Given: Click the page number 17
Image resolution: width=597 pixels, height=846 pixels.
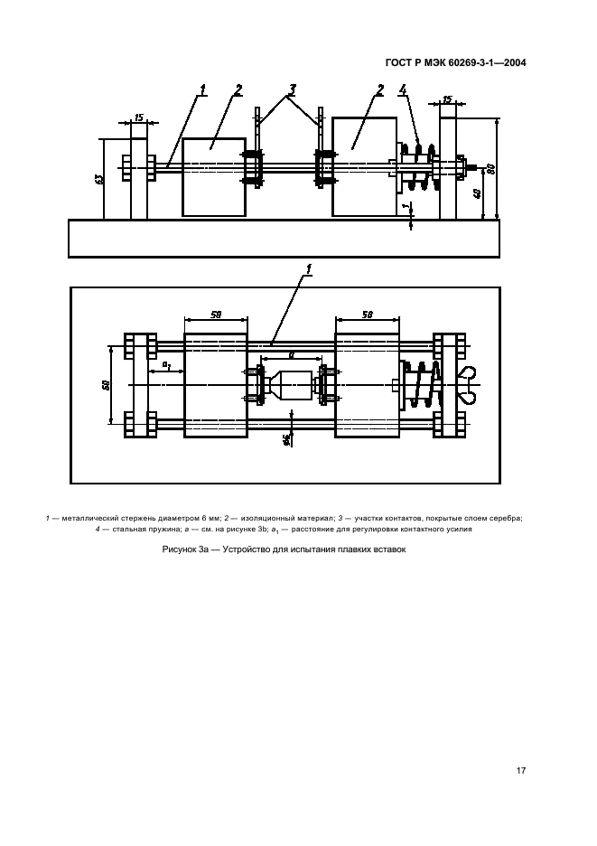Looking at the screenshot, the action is [520, 770].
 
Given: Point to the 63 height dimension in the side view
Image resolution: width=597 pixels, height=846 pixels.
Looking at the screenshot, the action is [99, 179].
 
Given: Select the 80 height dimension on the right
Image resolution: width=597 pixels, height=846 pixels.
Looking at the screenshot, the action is [490, 168].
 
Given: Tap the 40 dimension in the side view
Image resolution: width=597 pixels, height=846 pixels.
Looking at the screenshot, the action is [476, 193].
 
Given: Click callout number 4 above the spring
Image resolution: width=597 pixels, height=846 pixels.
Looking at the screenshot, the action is [402, 90].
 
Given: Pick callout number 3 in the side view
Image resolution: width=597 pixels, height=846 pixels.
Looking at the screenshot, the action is [292, 89].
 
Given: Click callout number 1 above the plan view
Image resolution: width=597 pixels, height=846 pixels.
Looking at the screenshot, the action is [309, 268].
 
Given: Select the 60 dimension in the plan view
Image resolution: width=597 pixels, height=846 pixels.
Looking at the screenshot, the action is [107, 385].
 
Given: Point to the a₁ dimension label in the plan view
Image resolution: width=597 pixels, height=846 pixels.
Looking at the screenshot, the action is [167, 366].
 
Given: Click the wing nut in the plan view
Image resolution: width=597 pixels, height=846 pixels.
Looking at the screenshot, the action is [467, 384].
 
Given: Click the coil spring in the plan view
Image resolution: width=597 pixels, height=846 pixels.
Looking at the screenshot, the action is [422, 384].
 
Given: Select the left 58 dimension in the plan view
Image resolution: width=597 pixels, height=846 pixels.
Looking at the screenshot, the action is [216, 314].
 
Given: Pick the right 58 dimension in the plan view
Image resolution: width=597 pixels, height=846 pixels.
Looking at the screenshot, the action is [368, 314].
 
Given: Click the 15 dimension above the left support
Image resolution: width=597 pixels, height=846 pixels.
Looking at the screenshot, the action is [138, 117].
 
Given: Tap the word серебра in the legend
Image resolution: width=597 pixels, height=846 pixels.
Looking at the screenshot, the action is [508, 519].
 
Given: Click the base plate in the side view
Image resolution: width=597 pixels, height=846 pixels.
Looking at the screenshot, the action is [284, 238].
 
